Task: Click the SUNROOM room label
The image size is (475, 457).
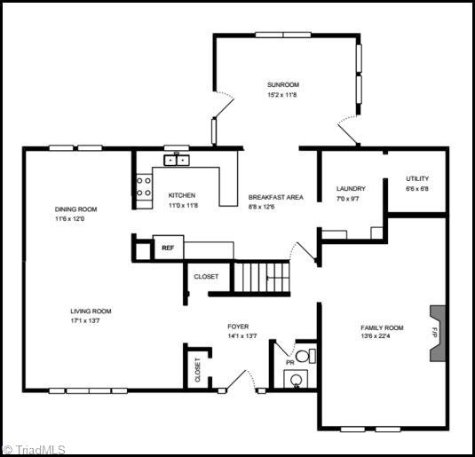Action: click(x=283, y=84)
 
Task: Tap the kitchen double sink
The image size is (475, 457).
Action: click(x=177, y=160)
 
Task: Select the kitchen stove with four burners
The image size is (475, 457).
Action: click(x=144, y=186)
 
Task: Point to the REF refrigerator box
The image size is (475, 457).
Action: click(x=168, y=248)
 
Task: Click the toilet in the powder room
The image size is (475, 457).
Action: click(x=305, y=356)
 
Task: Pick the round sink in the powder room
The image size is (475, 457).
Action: click(x=296, y=380)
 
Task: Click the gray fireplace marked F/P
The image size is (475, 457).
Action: click(x=438, y=333)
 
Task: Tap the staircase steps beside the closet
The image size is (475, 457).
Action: click(x=262, y=278)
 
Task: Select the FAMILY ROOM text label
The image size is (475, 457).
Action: click(x=382, y=327)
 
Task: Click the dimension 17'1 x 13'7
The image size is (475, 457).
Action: click(x=85, y=320)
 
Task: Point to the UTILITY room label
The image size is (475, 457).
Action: click(x=417, y=178)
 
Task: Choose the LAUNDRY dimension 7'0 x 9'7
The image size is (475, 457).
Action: click(x=347, y=199)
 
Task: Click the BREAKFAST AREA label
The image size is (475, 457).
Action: click(x=275, y=197)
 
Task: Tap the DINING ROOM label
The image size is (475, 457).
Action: click(x=75, y=209)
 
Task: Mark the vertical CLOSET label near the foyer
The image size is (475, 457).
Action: click(x=197, y=369)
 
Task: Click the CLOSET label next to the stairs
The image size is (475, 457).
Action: click(x=206, y=277)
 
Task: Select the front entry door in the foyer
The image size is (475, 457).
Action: click(x=240, y=380)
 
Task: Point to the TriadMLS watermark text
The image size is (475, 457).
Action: click(x=34, y=449)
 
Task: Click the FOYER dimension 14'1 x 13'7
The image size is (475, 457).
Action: click(x=242, y=335)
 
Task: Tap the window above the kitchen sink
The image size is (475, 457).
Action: click(x=177, y=148)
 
